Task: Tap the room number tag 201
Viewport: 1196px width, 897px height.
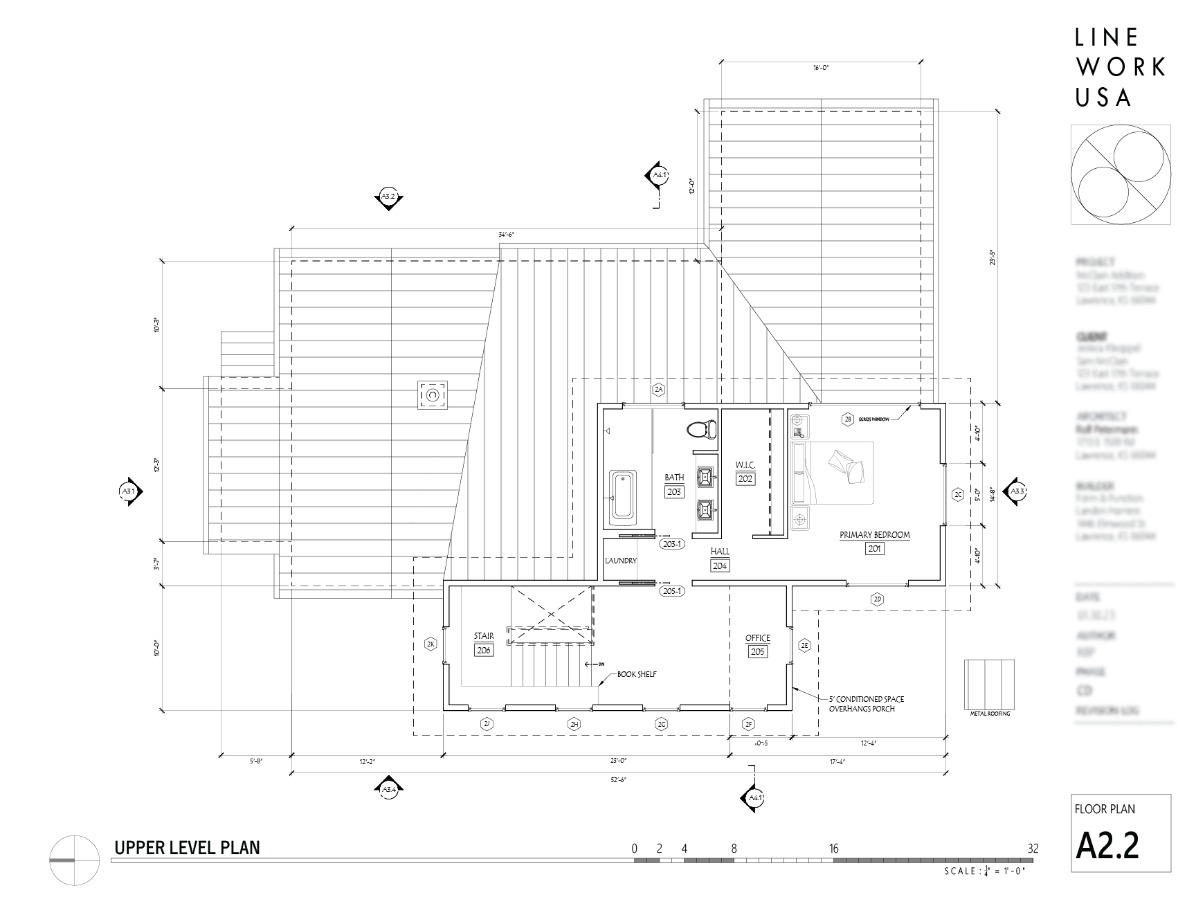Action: pos(874,549)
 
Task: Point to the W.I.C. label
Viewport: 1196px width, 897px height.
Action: pos(745,464)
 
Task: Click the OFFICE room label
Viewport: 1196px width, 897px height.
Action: pos(757,638)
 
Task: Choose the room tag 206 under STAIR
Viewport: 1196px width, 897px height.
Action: pos(484,651)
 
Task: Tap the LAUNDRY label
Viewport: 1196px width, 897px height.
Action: pos(620,561)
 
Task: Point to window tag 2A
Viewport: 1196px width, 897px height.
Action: pos(658,390)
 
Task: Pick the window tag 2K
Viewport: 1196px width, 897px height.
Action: pos(431,644)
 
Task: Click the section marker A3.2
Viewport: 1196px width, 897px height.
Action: pos(388,197)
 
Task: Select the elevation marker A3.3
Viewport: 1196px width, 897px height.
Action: pos(1016,491)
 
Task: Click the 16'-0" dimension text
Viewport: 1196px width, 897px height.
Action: pos(821,68)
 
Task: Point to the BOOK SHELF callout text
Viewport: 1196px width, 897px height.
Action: pos(637,673)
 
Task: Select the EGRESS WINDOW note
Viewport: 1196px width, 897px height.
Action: pos(874,419)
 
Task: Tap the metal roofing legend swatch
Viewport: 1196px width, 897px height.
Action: pos(989,682)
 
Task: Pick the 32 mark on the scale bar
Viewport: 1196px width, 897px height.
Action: pos(1033,849)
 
